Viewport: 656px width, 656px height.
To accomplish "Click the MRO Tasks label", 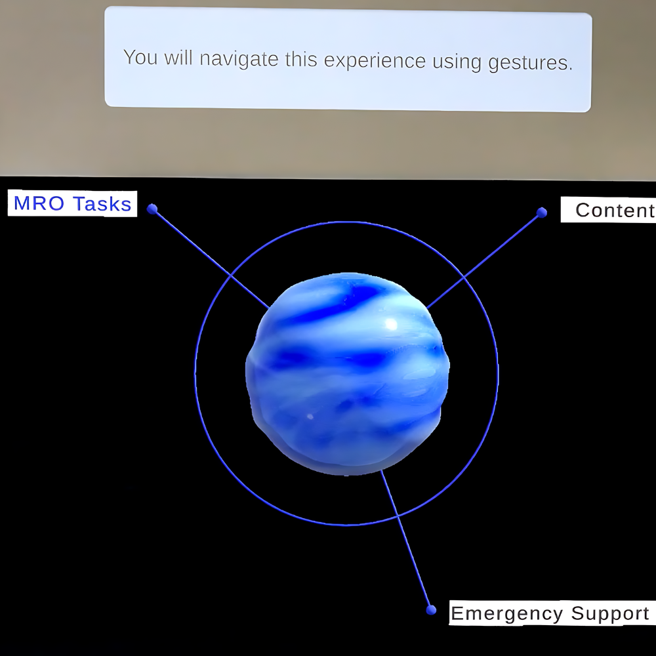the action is pyautogui.click(x=72, y=204).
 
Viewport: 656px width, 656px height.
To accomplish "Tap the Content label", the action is pyautogui.click(x=609, y=210).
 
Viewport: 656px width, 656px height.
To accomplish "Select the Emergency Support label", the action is pyautogui.click(x=552, y=613).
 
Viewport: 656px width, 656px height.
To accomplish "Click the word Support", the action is pyautogui.click(x=610, y=614).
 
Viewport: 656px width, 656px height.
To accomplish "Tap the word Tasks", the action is pyautogui.click(x=102, y=204).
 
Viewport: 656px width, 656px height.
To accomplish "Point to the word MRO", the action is pyautogui.click(x=39, y=203).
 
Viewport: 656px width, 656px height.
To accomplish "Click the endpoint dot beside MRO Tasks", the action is pyautogui.click(x=152, y=209).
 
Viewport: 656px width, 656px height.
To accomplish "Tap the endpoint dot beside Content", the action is pyautogui.click(x=542, y=213).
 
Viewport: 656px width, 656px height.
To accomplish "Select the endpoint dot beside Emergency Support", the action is pyautogui.click(x=431, y=610).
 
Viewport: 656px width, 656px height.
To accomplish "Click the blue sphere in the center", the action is pyautogui.click(x=347, y=374).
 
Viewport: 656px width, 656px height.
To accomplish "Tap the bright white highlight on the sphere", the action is pyautogui.click(x=391, y=323).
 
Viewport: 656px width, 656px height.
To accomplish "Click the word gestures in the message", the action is pyautogui.click(x=530, y=64).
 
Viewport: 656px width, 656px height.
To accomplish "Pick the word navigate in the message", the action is pyautogui.click(x=239, y=59).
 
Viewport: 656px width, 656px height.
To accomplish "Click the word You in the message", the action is pyautogui.click(x=140, y=57).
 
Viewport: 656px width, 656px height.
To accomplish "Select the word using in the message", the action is pyautogui.click(x=457, y=62).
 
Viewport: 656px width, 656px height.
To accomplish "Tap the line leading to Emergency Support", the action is pyautogui.click(x=406, y=540).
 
